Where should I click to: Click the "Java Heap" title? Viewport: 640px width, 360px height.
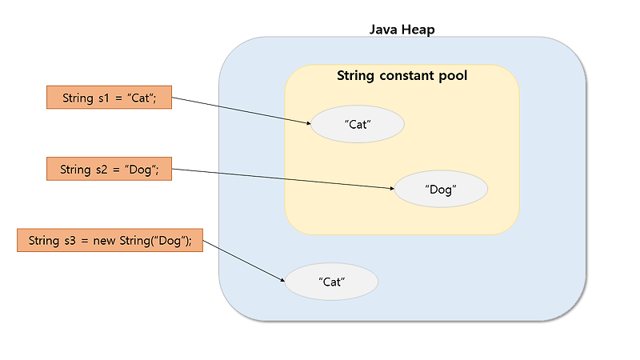tap(402, 30)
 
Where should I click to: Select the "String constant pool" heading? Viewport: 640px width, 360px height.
tap(402, 77)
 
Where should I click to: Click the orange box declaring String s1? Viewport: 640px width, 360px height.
tap(109, 98)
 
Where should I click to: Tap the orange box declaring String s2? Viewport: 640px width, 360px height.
tap(109, 169)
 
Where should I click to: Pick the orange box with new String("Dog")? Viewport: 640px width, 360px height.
tap(110, 240)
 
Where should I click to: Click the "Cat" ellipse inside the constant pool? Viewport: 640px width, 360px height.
tap(358, 124)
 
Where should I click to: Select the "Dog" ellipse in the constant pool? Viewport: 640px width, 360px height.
tap(441, 190)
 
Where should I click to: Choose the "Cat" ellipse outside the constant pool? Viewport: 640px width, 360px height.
tap(331, 282)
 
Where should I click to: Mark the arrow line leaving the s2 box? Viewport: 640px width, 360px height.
tap(280, 178)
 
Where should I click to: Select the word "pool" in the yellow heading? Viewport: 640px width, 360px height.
tap(452, 77)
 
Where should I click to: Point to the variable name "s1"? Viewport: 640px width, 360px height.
tap(105, 98)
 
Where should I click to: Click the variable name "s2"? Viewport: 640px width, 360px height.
tap(103, 169)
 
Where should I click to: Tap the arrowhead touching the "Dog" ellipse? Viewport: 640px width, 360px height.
tap(392, 189)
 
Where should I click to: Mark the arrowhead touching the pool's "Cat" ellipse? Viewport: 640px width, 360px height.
tap(308, 123)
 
